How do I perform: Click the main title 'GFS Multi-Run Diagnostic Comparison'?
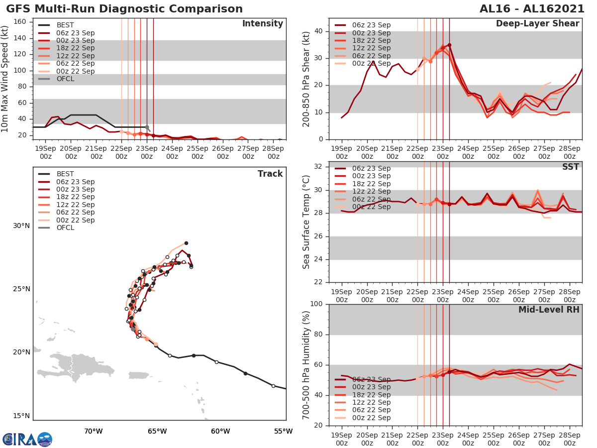pos(124,9)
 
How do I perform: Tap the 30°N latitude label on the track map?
pos(21,225)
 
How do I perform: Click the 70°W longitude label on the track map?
pos(93,431)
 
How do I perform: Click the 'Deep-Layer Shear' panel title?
pos(537,24)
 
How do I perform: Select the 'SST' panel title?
pos(571,167)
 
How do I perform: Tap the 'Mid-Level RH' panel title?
pos(549,310)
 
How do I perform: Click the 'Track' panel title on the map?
pos(270,174)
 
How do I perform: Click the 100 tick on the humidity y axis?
pos(317,304)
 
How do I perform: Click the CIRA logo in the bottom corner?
pos(27,439)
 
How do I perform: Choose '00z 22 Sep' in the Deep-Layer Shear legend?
pos(371,63)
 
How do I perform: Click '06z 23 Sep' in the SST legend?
pos(371,168)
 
